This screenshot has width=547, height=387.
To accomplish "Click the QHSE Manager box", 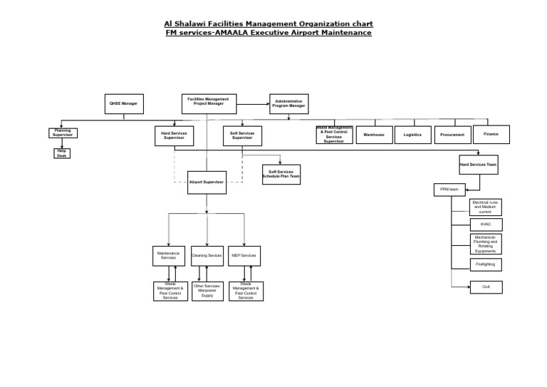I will point(123,104).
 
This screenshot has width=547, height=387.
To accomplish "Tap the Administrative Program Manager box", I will point(288,104).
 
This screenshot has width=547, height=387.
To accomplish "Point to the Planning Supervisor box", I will point(62,133).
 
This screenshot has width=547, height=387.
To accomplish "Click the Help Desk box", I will point(62,153).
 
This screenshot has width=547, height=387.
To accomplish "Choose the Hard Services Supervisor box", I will point(174,135).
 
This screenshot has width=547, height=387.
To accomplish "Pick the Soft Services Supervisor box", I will point(242,135).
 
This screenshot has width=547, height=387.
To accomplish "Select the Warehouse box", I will point(374,135).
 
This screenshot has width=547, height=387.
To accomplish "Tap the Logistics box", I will point(412,135).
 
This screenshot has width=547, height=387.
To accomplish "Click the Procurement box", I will point(452,135).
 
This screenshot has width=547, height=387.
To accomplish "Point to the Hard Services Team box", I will point(479,165).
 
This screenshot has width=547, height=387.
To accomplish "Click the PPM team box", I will point(449,190).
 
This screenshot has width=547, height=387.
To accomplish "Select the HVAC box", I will point(486,225).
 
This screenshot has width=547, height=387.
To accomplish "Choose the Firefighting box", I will point(486,264).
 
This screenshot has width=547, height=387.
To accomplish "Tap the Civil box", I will point(486,287).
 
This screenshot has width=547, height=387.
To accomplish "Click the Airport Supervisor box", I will point(207,182).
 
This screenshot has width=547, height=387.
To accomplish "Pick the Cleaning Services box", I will point(207,255).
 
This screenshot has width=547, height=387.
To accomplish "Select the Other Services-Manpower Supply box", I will point(207,291).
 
